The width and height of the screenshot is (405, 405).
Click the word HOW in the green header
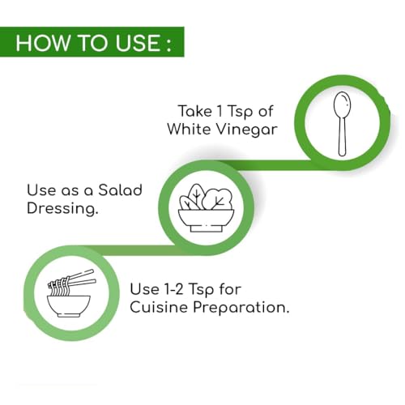click(42, 43)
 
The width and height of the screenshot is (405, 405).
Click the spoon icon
click(342, 124)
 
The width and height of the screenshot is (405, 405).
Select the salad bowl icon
click(206, 207)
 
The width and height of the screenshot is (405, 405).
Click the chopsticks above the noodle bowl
click(81, 278)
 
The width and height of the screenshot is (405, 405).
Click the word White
click(190, 129)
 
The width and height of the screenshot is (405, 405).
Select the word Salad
click(120, 190)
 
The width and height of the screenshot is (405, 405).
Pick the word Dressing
click(62, 209)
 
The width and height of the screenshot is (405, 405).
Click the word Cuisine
click(159, 307)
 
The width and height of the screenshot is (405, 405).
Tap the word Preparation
click(241, 308)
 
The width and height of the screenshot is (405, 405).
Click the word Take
click(194, 111)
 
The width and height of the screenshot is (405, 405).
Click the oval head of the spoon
click(342, 104)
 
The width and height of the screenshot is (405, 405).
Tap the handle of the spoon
click(342, 136)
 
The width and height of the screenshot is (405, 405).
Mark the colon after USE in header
click(169, 45)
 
